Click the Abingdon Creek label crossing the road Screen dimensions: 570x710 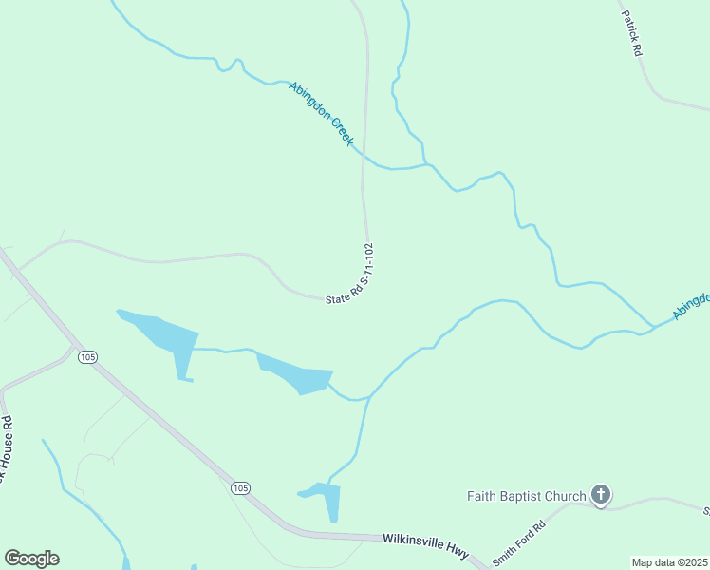(x=321, y=114)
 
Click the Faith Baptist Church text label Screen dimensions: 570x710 (x=526, y=495)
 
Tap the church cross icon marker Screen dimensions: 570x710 (x=600, y=494)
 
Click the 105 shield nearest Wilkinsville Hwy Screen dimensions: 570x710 (x=241, y=488)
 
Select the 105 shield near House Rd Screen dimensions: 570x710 (x=88, y=357)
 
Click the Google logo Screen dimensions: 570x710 (x=31, y=559)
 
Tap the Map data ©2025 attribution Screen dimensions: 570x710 (x=669, y=562)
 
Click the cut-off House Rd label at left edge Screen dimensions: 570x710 (x=6, y=446)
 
